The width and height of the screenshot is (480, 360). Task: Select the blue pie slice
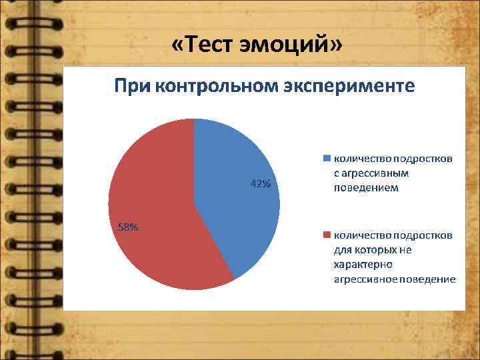(240, 200)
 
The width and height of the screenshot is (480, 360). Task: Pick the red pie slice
(153, 213)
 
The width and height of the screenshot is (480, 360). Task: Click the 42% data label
(260, 184)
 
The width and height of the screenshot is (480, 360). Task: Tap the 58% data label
(128, 227)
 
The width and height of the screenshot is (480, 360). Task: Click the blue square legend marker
(327, 159)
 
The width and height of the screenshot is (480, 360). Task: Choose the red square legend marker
(327, 235)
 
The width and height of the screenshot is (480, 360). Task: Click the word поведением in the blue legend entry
(366, 188)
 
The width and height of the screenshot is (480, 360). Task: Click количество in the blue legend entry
(362, 159)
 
